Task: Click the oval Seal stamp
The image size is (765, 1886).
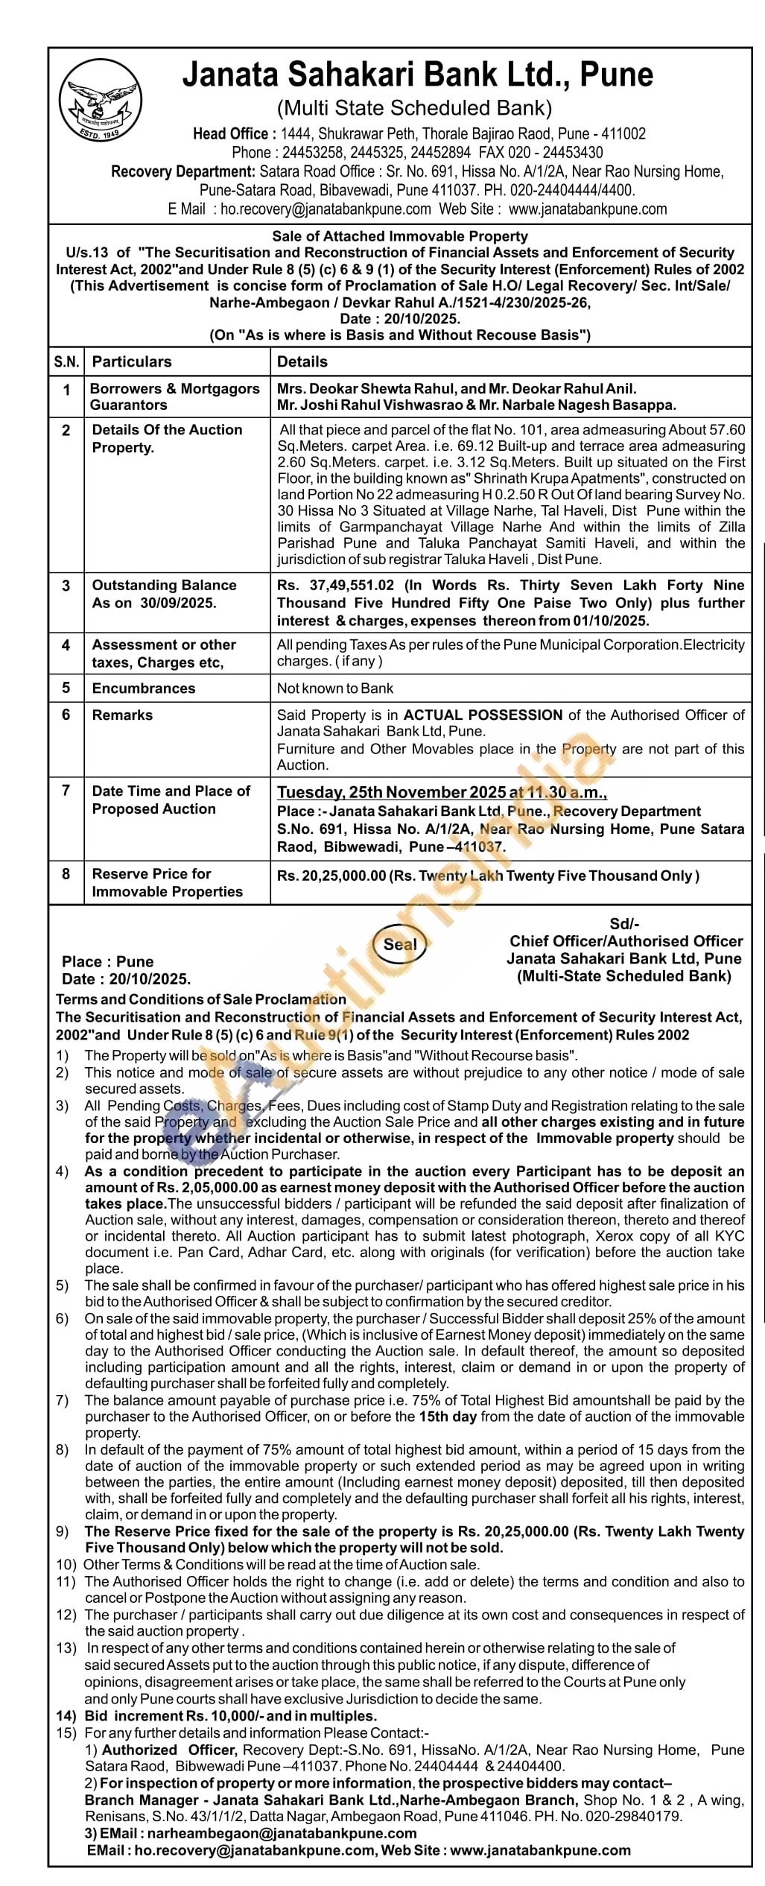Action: coord(400,944)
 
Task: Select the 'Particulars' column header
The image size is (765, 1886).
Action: coord(131,361)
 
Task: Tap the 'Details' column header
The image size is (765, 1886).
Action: coord(302,361)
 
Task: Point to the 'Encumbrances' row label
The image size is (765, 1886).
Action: coord(143,688)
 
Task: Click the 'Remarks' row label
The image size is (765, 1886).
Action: coord(122,715)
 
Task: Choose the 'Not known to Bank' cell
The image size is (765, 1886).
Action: coord(335,689)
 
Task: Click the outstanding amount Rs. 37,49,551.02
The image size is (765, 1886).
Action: coord(335,586)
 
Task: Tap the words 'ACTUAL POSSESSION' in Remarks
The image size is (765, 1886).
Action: coord(483,715)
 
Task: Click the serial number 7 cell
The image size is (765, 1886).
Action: coord(66,791)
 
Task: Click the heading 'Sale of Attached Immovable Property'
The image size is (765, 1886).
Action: coord(400,236)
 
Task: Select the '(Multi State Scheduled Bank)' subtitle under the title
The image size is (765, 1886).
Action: coord(414,109)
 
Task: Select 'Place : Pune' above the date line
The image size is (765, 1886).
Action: coord(108,961)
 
